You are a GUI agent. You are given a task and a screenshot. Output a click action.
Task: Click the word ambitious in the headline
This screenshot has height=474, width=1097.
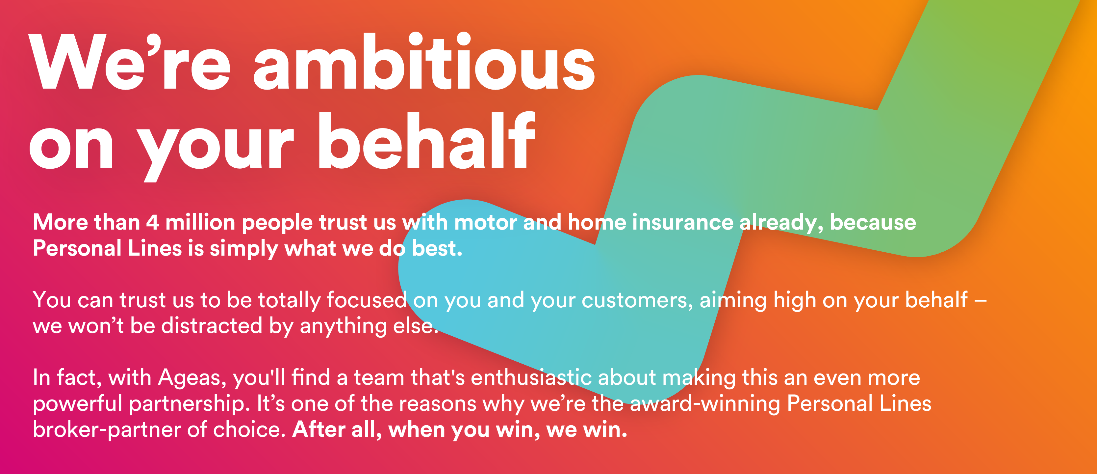(x=424, y=62)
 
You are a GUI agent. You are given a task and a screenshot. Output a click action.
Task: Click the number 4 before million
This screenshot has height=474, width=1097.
(x=152, y=223)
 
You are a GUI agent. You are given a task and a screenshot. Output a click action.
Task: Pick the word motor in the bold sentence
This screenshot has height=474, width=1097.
(x=485, y=223)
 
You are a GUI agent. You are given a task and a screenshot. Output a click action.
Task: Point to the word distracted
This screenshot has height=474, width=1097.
(x=212, y=326)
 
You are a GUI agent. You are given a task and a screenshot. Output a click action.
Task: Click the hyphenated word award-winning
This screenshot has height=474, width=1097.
(x=705, y=404)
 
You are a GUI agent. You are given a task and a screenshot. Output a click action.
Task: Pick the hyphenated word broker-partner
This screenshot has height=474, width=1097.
(x=107, y=430)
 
